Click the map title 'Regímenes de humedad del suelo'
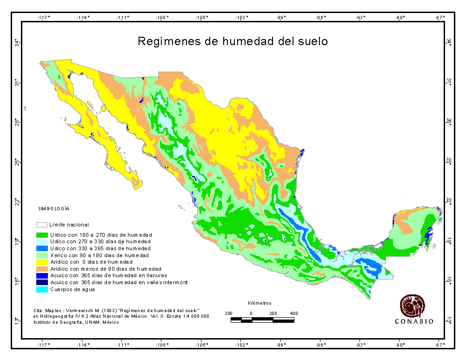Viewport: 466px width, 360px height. tap(233, 41)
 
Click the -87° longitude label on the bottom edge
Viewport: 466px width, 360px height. tap(440, 345)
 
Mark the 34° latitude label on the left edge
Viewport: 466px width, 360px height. tap(16, 43)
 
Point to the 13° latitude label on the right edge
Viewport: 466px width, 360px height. tap(450, 320)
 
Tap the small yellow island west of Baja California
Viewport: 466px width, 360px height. tap(24, 108)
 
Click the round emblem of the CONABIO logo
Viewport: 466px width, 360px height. tap(413, 305)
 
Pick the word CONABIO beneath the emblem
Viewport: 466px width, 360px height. tap(414, 321)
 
